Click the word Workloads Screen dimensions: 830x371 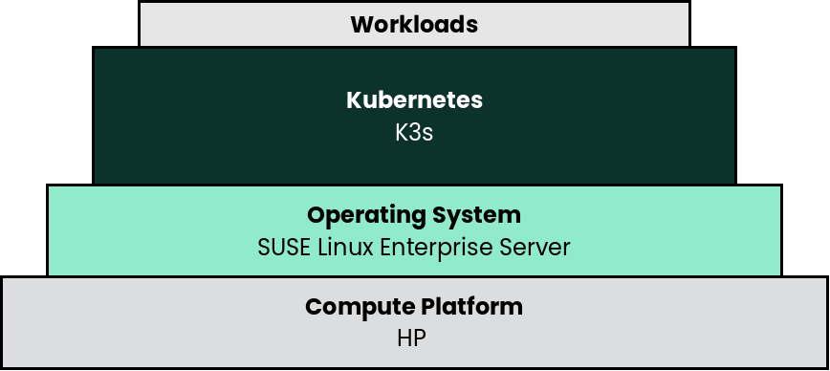click(414, 24)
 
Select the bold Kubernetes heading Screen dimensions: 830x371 click(414, 99)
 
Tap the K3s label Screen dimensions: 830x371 click(414, 131)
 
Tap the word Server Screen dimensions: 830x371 click(538, 247)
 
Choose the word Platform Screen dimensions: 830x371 click(471, 307)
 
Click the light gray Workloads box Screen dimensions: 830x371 click(574, 24)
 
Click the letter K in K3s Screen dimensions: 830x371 click(402, 131)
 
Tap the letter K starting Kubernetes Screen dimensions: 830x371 click(353, 99)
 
